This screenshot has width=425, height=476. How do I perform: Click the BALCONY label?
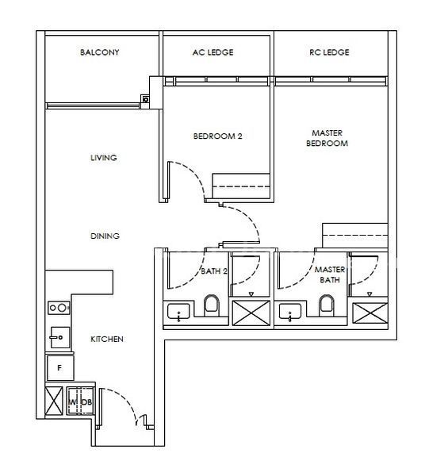[99, 52]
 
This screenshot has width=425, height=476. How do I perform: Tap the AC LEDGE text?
[213, 52]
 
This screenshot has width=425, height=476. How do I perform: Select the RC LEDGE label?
[329, 52]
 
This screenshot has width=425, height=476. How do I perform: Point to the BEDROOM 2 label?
[218, 136]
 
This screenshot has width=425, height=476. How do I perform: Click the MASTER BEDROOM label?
[327, 138]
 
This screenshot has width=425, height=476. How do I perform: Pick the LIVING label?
[103, 158]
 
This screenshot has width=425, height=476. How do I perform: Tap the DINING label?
[105, 236]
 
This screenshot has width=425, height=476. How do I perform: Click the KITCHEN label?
[107, 339]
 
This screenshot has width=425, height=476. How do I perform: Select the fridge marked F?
[60, 368]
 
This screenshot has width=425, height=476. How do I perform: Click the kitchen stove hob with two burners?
[59, 308]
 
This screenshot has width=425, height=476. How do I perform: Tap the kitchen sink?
[59, 337]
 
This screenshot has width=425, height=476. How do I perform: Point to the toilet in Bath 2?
[212, 305]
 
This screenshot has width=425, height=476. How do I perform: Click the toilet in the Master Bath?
[327, 305]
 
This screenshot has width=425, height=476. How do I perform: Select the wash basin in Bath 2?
[178, 312]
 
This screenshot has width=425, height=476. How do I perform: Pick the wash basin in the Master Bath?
[290, 312]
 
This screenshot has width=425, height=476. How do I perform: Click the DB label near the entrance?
[86, 402]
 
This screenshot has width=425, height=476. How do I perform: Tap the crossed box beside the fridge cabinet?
[54, 401]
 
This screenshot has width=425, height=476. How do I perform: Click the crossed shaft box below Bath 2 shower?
[251, 313]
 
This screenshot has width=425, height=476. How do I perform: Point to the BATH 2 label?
[214, 271]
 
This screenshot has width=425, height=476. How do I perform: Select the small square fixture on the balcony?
[146, 99]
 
